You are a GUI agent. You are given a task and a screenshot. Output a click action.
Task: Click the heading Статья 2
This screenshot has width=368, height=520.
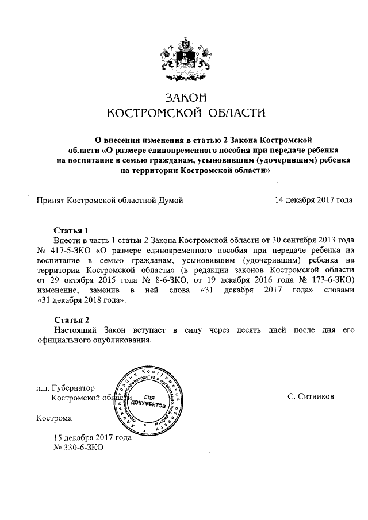[71, 319]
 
